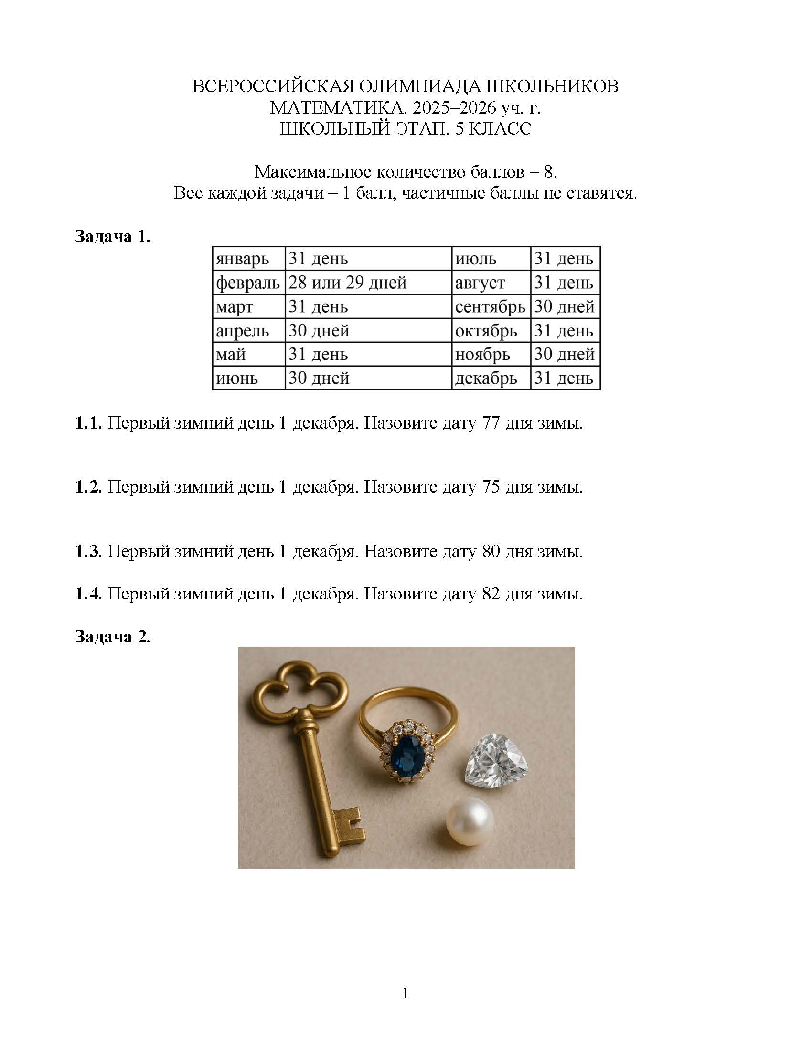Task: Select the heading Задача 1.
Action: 112,237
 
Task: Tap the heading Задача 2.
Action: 112,637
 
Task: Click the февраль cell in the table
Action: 248,283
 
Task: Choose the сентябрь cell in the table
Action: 490,307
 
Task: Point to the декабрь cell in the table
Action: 486,378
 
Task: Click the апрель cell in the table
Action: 242,331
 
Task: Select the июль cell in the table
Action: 475,259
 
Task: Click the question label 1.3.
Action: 88,551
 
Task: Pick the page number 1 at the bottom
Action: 405,994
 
